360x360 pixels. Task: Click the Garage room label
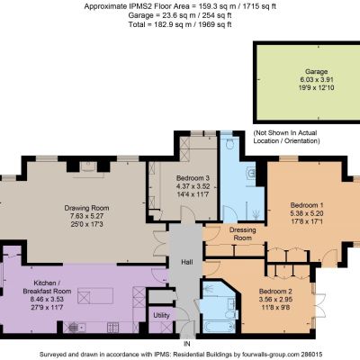coord(316,72)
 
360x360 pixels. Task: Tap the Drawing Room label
coord(86,208)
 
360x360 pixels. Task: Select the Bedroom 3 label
coord(193,178)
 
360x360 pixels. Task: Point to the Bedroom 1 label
coord(307,205)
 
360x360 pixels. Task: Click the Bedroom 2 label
coord(275,292)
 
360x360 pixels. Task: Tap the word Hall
coord(187,262)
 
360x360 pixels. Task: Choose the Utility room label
coord(161,315)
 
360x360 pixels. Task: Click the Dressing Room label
coord(243,234)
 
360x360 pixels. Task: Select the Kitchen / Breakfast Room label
coord(47,287)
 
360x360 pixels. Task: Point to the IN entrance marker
coord(186,344)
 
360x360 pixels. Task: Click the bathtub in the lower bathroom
coord(219,327)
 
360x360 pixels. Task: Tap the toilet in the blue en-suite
coord(230,144)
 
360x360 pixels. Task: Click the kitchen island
coord(95,296)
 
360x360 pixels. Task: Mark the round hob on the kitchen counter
coord(73,328)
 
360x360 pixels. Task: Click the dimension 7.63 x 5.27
coord(86,216)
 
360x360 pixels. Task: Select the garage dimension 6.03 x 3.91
coord(316,80)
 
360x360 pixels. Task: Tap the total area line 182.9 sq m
coord(180,24)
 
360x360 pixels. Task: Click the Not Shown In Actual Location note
coord(286,137)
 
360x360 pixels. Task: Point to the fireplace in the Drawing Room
coord(88,166)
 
